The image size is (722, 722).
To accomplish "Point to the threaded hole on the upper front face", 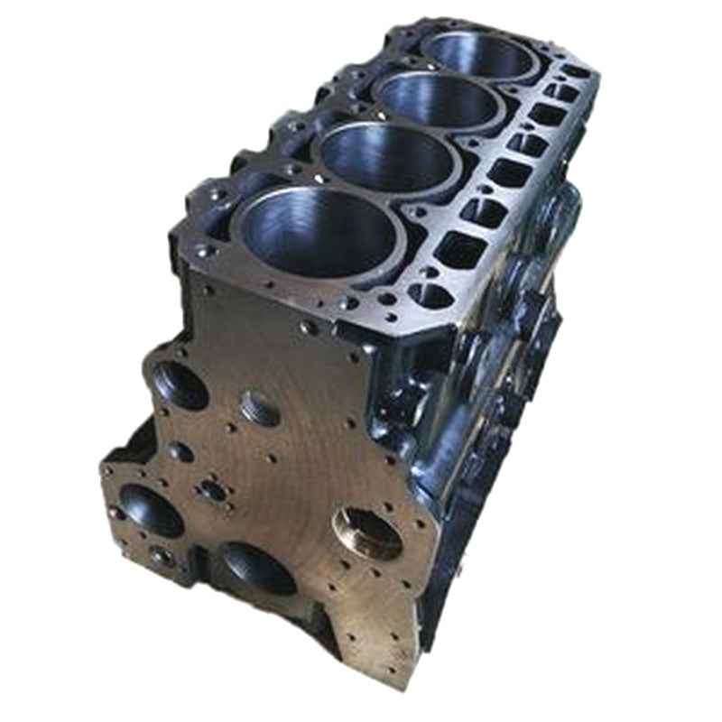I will (x=260, y=408).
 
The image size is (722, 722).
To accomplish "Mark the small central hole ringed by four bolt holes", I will (x=214, y=490).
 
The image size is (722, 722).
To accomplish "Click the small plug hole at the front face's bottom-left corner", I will (x=162, y=558).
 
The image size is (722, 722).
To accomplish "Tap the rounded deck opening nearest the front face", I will (x=431, y=294).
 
